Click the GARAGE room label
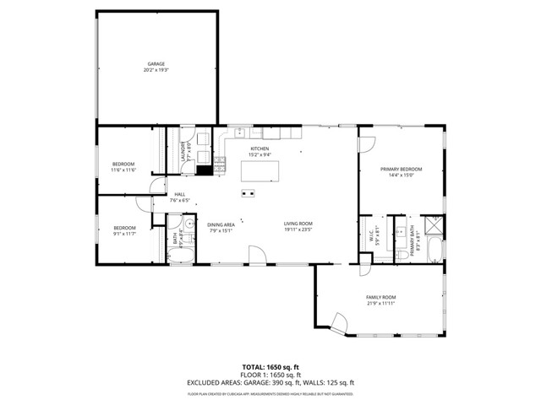156,63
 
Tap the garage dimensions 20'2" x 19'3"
156,70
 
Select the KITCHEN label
259,148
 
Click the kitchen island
260,170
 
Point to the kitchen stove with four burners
219,165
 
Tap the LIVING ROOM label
298,223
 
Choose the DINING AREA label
221,224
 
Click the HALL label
179,194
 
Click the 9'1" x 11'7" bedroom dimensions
125,233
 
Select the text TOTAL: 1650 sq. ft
270,367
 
